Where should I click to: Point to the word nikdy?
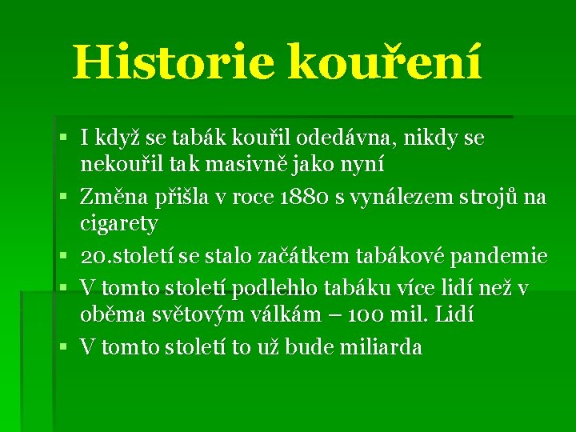[433, 138]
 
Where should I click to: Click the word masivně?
[242, 165]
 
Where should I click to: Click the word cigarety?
[119, 223]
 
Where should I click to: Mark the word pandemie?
[499, 256]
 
